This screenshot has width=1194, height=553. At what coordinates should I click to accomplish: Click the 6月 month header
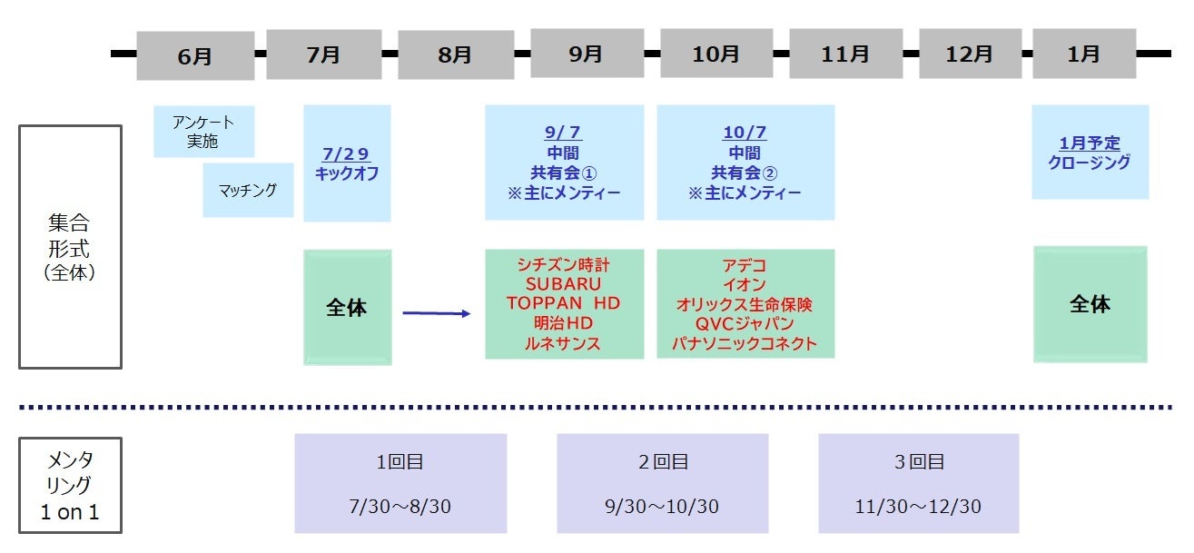tap(195, 55)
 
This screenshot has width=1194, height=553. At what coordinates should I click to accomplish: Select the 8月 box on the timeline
tap(456, 54)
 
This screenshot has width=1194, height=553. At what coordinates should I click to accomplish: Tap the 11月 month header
tap(846, 54)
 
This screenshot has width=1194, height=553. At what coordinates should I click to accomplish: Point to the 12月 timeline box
tap(970, 54)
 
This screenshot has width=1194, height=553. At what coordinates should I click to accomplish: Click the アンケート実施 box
tap(204, 131)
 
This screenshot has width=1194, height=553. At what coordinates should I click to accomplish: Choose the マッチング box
tap(248, 190)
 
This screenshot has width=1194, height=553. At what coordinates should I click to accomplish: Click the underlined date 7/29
tap(346, 154)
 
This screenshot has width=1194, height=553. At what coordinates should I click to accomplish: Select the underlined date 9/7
tap(563, 132)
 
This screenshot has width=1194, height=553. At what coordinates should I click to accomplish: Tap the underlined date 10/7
tap(745, 132)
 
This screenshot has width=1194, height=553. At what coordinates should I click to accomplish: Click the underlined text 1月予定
tap(1090, 143)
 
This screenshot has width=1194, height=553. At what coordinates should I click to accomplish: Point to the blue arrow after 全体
tap(437, 313)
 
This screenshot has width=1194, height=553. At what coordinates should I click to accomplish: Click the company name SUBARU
tap(564, 283)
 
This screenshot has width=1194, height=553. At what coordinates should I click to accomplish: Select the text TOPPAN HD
tap(564, 303)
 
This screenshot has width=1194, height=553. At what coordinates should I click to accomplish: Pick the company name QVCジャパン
tap(745, 323)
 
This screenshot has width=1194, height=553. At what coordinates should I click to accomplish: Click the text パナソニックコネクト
tap(745, 343)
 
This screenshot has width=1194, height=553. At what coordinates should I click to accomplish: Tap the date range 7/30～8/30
tap(400, 506)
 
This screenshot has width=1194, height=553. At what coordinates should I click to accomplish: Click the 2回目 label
tap(663, 461)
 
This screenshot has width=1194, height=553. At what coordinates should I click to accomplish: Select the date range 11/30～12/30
tap(918, 506)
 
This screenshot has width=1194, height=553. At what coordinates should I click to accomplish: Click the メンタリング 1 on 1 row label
tap(70, 485)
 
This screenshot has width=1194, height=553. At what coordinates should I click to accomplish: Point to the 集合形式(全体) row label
tap(70, 247)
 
